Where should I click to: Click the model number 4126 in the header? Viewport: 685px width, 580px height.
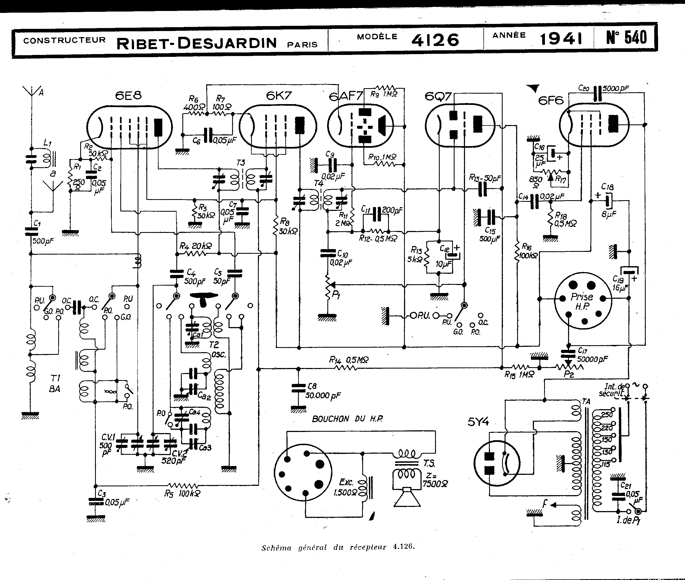pos(435,40)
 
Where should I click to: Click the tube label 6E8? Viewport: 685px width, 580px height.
pos(128,95)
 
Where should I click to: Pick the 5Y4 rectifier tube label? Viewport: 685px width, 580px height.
pos(478,422)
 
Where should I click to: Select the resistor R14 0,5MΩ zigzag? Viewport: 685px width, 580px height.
pos(346,369)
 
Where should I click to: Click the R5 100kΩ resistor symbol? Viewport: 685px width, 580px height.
pos(183,486)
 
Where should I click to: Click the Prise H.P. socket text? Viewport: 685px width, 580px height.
pos(582,301)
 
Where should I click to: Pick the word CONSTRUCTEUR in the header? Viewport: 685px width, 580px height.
pos(65,40)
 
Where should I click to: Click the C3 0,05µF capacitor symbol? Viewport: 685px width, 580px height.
pos(95,501)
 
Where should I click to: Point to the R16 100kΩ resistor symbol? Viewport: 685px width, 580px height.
pos(517,251)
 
